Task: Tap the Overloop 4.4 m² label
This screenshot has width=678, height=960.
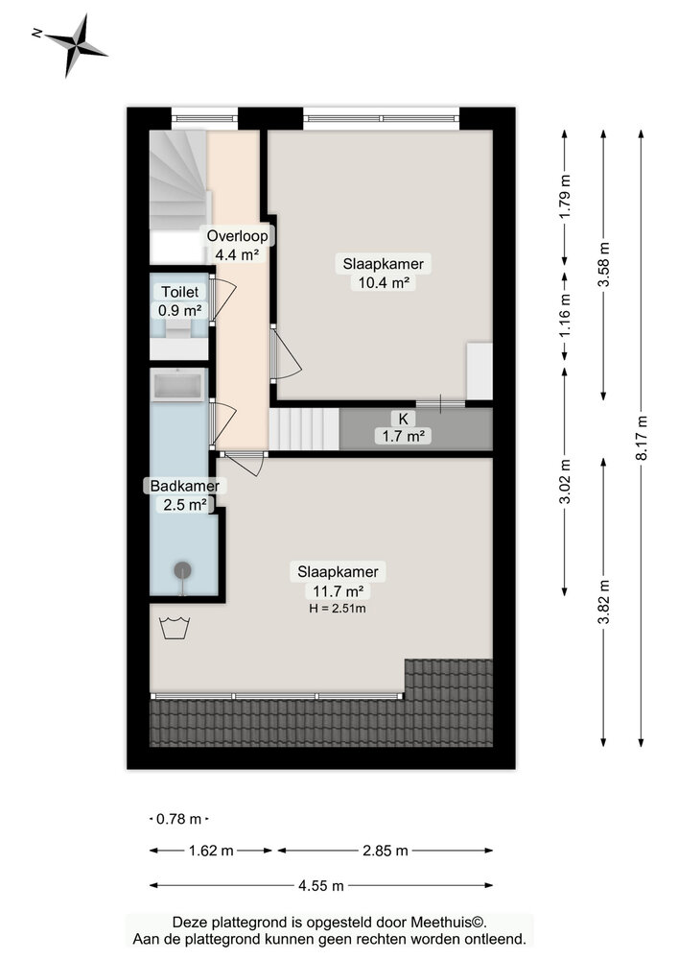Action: [x=237, y=245]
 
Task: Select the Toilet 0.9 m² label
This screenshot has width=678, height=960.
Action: [x=180, y=300]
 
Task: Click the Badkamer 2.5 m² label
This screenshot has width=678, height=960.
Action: [x=184, y=494]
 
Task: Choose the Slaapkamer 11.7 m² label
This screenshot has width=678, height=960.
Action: [x=337, y=581]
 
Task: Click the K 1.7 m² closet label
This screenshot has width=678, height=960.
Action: [x=402, y=427]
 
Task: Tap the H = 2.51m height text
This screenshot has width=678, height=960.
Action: [x=337, y=608]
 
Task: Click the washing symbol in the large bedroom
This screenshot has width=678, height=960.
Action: [x=175, y=628]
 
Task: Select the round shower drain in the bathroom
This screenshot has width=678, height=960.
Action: [x=182, y=570]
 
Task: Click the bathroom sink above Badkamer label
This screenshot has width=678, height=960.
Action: [x=179, y=387]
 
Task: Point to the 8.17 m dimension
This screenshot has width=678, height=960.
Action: [x=642, y=439]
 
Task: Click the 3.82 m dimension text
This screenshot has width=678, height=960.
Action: [x=603, y=602]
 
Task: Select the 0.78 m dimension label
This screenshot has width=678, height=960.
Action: [x=179, y=819]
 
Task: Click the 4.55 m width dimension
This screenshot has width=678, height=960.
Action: [x=321, y=885]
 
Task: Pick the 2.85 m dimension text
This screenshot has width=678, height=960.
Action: [x=385, y=851]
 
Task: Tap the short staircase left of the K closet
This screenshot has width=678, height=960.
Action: [x=304, y=428]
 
